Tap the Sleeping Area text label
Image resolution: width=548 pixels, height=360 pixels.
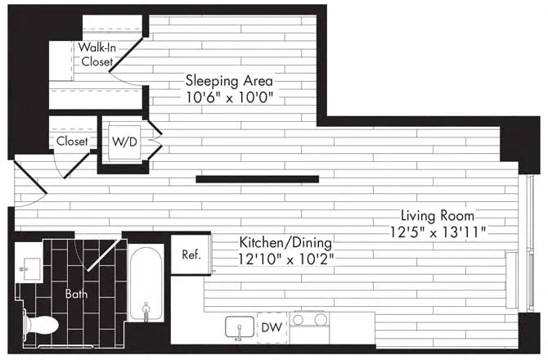[229, 81]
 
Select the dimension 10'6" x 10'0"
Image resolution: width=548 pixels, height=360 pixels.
[229, 97]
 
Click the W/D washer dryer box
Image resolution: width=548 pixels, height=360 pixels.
[124, 141]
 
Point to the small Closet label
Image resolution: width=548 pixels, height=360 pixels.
[72, 141]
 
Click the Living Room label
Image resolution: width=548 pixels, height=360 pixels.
[439, 216]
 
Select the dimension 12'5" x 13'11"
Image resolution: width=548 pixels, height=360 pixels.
[439, 232]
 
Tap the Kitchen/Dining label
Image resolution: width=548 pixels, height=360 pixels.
[285, 243]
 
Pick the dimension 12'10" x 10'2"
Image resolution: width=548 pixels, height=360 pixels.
[285, 259]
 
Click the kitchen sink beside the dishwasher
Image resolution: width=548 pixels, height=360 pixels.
[240, 326]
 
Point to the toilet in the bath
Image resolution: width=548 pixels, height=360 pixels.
[39, 325]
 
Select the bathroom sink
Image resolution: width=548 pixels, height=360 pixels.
[33, 268]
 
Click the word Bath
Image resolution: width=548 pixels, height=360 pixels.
[77, 293]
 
